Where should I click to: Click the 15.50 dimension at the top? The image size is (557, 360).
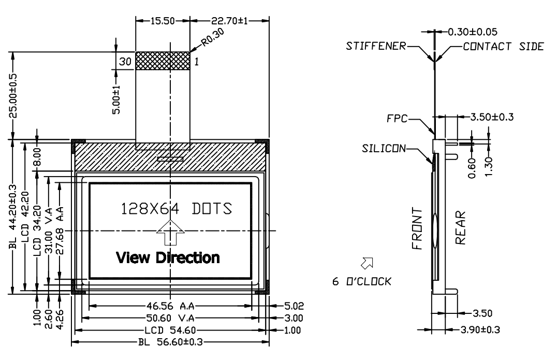pos(163,21)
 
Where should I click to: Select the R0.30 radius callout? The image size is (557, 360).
pos(213,37)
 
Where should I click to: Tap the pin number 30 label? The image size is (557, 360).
pos(125,62)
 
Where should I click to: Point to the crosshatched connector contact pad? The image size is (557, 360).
pos(163,61)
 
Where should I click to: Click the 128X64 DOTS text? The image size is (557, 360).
pos(177,209)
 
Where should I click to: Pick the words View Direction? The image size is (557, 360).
pos(168,257)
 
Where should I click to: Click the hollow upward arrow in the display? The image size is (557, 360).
pos(170,233)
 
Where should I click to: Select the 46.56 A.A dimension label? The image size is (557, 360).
pos(170,306)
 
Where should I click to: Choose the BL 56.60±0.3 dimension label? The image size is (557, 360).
pos(170,342)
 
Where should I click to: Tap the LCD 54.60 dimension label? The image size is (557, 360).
pos(170,330)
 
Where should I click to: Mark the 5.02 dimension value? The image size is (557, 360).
pos(294,306)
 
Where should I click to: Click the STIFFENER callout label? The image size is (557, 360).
pos(376,46)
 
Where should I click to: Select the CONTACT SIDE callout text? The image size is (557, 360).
pos(503,47)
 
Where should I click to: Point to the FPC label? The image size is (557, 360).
pos(397,118)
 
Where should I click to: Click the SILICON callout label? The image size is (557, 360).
pos(384,148)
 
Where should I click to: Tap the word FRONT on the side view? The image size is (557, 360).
pos(417,229)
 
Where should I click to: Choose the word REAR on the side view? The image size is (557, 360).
pos(460,228)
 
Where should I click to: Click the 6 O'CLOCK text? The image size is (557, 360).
pos(362,281)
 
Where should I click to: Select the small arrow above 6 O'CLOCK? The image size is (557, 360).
pos(367,263)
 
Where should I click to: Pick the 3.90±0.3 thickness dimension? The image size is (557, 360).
pos(480,330)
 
